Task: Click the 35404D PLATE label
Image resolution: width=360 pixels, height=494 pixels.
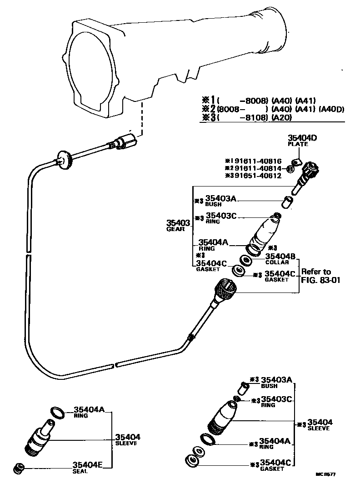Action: (298, 140)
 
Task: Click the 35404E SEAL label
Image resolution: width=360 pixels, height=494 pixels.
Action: (88, 467)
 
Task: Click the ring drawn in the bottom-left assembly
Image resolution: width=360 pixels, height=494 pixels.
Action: (57, 412)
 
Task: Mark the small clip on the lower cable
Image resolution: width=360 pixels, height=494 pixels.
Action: (190, 338)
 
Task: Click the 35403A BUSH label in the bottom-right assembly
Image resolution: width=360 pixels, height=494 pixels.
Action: (276, 382)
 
